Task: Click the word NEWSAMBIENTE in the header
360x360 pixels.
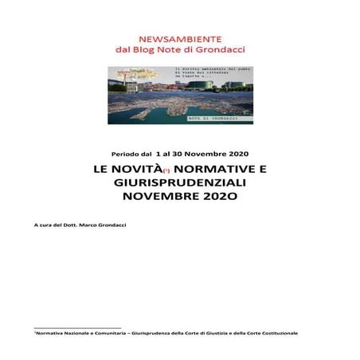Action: click(x=180, y=37)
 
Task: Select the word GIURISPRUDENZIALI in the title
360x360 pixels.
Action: click(x=180, y=182)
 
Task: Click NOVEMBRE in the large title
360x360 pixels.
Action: click(x=160, y=195)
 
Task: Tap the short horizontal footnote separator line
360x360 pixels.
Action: click(x=76, y=327)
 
